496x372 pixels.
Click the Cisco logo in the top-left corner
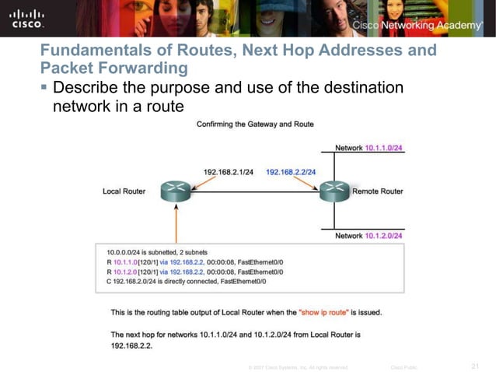(26, 19)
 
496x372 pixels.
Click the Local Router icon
(176, 191)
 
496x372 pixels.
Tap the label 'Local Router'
(124, 191)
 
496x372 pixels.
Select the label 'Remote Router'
(378, 191)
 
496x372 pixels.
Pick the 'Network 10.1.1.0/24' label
(369, 148)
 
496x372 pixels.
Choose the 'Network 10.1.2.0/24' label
(369, 235)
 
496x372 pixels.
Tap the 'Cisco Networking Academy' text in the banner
(417, 26)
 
